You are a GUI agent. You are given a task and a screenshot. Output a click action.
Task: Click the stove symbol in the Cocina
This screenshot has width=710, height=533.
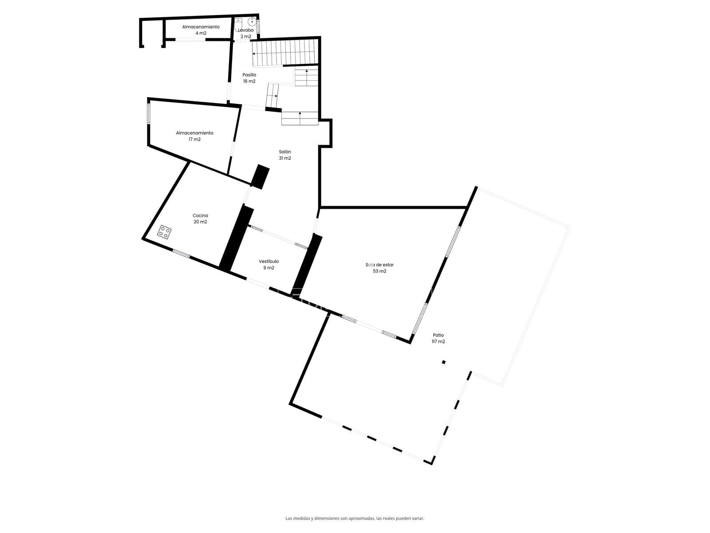tap(164, 232)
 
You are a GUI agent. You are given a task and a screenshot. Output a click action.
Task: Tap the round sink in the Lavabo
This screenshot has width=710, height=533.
tap(252, 22)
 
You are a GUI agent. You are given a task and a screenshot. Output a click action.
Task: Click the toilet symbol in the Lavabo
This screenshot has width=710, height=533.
tap(238, 23)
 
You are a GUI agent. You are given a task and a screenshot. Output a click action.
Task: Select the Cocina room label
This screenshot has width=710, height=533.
tap(200, 215)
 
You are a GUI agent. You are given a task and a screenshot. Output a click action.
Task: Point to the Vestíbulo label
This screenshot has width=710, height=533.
tap(268, 262)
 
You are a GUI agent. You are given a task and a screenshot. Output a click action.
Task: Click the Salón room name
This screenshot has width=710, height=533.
tap(285, 152)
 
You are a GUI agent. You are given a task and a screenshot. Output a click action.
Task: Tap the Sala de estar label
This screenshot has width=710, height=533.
tap(379, 265)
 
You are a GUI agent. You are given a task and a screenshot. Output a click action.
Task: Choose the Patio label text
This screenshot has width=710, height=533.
tap(438, 335)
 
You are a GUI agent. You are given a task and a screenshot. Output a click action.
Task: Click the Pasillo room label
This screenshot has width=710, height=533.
tap(249, 75)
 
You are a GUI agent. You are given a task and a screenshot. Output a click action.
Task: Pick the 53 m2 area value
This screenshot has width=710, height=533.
tap(379, 271)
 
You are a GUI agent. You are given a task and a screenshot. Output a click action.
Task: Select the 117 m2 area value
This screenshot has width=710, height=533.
tap(438, 342)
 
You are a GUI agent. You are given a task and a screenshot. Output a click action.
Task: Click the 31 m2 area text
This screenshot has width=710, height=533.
tap(285, 158)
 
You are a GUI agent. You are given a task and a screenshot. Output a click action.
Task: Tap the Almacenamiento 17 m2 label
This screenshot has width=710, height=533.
tap(194, 136)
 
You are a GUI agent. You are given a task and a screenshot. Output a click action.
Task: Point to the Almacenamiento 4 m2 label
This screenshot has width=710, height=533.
tap(201, 30)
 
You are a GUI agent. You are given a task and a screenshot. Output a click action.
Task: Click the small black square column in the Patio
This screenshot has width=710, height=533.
tap(443, 362)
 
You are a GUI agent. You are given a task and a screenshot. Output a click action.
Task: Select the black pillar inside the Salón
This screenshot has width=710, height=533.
tap(260, 177)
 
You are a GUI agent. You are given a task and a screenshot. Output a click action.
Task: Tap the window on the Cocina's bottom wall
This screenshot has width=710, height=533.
tap(181, 254)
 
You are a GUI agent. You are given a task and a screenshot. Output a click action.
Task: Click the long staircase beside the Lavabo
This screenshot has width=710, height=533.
tap(284, 53)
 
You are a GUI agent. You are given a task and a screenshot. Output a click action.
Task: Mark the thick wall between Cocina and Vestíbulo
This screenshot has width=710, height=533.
tap(237, 238)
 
